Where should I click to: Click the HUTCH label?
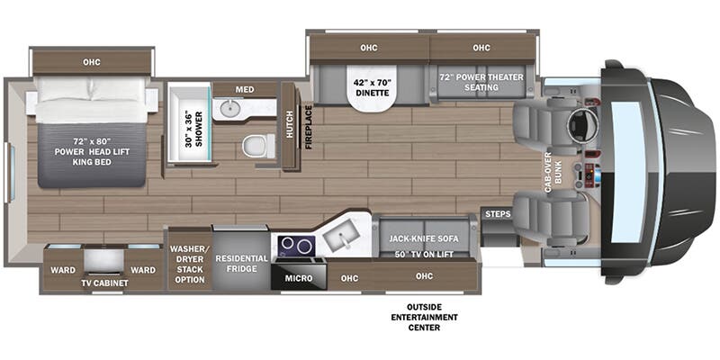290,127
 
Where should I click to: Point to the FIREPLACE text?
308,127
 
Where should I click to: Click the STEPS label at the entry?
497,214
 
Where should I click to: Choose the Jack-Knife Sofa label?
421,239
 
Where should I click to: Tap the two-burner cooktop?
296,245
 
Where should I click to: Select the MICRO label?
299,278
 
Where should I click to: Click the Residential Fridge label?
241,264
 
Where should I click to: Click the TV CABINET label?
104,283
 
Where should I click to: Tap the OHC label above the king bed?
92,61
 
